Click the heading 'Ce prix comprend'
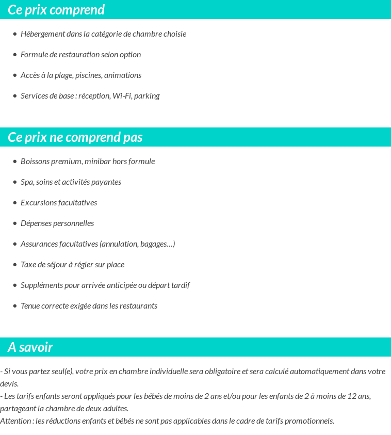coord(56,10)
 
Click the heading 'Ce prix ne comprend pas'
coord(75,137)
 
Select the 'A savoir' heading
coord(30,347)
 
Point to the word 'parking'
coord(146,96)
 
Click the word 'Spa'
coord(27,182)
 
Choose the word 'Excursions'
coord(39,203)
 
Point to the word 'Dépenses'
coord(36,223)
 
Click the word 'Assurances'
coord(39,244)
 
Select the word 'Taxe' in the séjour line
coord(29,265)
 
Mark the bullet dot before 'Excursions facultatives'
coord(14,203)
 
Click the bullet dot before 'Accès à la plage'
coord(14,75)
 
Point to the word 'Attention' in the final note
coord(16,421)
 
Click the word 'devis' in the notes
coord(9,384)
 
